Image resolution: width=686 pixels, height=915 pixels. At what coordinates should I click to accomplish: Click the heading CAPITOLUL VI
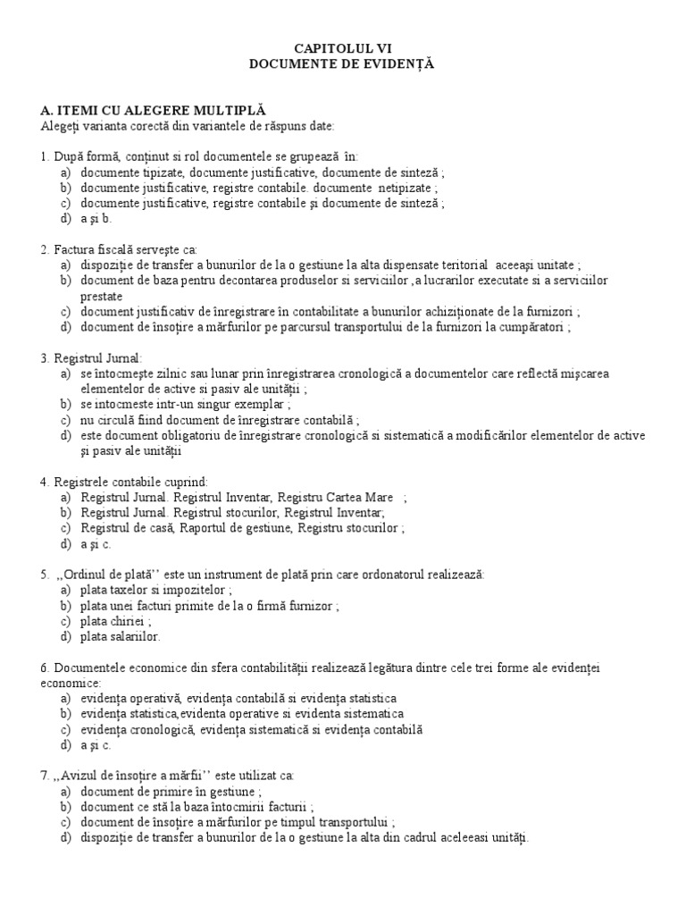tap(343, 47)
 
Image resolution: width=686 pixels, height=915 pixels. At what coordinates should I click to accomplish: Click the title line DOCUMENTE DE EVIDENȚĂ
tap(343, 63)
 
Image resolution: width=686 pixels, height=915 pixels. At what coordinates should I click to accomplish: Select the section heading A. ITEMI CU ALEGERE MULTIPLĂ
tap(154, 109)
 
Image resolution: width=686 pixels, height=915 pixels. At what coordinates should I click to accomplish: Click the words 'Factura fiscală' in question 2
tap(94, 249)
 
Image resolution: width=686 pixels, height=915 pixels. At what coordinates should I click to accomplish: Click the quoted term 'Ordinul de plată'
tap(98, 574)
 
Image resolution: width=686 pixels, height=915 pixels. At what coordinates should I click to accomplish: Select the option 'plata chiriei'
tap(113, 621)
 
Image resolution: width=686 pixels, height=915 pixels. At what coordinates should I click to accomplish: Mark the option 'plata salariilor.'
tap(121, 636)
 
